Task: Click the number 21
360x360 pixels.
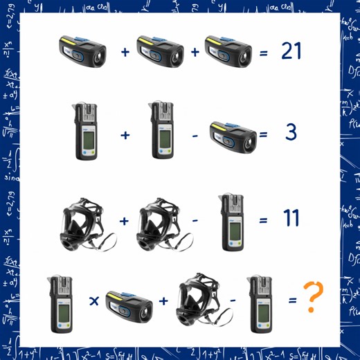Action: pyautogui.click(x=291, y=51)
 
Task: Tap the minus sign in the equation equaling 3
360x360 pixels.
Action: pyautogui.click(x=195, y=134)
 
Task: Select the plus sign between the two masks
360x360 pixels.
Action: pyautogui.click(x=124, y=221)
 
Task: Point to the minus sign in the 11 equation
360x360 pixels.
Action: pyautogui.click(x=197, y=221)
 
